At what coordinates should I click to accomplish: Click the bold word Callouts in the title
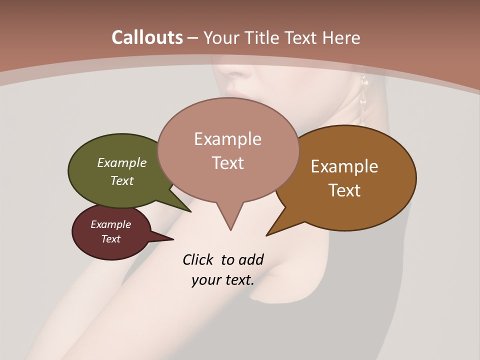(147, 37)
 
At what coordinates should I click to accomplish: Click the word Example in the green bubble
(122, 162)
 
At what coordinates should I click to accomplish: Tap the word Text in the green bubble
(122, 180)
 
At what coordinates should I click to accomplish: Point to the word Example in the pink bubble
(227, 139)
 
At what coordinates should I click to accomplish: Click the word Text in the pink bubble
(227, 162)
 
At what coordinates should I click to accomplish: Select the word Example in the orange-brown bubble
(344, 166)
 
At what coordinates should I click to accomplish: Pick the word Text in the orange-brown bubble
(344, 190)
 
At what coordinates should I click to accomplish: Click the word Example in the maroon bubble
(110, 224)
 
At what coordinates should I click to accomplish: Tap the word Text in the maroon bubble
(110, 239)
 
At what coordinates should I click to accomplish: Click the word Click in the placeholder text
(198, 259)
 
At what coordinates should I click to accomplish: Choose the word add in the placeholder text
(251, 259)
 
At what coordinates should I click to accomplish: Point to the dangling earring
(363, 100)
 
